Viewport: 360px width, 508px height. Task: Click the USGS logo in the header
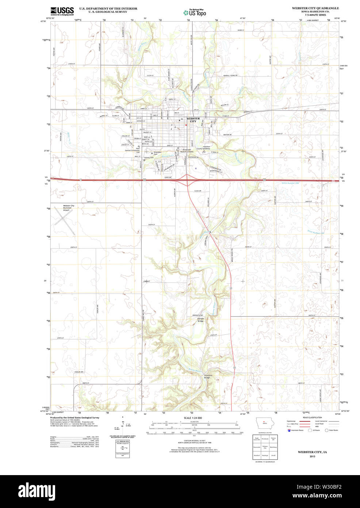click(x=62, y=11)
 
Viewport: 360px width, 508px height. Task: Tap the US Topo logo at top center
click(x=195, y=12)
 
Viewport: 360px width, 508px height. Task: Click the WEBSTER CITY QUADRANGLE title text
click(x=315, y=8)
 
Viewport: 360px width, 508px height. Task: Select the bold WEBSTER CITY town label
click(x=193, y=120)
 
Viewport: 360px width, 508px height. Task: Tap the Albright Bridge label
click(x=200, y=320)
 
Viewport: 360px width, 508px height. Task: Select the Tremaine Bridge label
click(x=207, y=376)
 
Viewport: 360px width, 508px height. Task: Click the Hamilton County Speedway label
click(x=203, y=148)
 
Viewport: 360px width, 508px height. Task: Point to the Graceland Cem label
click(x=157, y=153)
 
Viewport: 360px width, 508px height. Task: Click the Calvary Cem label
click(x=149, y=158)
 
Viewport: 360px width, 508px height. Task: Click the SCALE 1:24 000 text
click(x=193, y=418)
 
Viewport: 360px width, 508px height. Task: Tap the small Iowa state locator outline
click(x=264, y=424)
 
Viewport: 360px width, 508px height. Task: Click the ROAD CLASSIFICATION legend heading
click(x=313, y=417)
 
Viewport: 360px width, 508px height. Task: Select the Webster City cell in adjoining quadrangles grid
click(x=265, y=447)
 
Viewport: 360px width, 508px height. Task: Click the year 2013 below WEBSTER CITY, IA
click(x=312, y=456)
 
